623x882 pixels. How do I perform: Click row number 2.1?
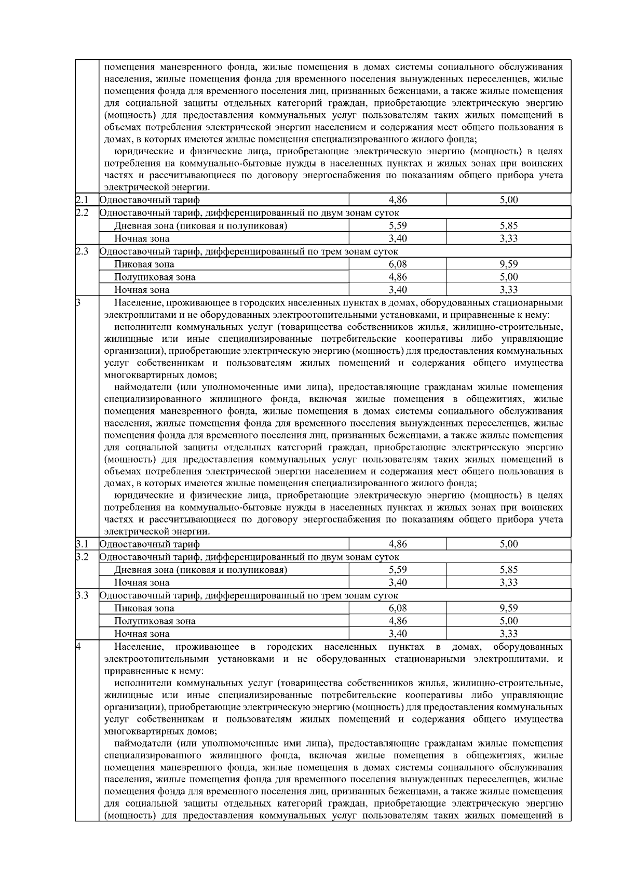pyautogui.click(x=81, y=199)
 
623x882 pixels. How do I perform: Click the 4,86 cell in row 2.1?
pyautogui.click(x=398, y=199)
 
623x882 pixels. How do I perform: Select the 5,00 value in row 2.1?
pyautogui.click(x=508, y=199)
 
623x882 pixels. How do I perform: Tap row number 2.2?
pyautogui.click(x=82, y=212)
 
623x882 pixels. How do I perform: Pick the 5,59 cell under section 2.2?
pyautogui.click(x=398, y=225)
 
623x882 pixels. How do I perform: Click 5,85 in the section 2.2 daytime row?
pyautogui.click(x=508, y=225)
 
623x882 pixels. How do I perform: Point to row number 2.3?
pyautogui.click(x=82, y=251)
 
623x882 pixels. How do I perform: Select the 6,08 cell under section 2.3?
pyautogui.click(x=398, y=264)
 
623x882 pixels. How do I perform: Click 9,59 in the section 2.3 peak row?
pyautogui.click(x=508, y=264)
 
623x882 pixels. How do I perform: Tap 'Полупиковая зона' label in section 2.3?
pyautogui.click(x=155, y=277)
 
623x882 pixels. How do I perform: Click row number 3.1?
pyautogui.click(x=81, y=544)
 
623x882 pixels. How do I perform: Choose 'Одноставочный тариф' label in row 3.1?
pyautogui.click(x=149, y=544)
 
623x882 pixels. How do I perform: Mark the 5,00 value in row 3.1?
pyautogui.click(x=508, y=544)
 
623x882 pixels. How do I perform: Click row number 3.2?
pyautogui.click(x=82, y=557)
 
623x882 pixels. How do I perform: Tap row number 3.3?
pyautogui.click(x=82, y=595)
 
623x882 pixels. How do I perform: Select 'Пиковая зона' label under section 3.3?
pyautogui.click(x=144, y=608)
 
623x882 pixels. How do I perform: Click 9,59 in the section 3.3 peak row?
pyautogui.click(x=508, y=608)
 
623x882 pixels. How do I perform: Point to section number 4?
pyautogui.click(x=78, y=646)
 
